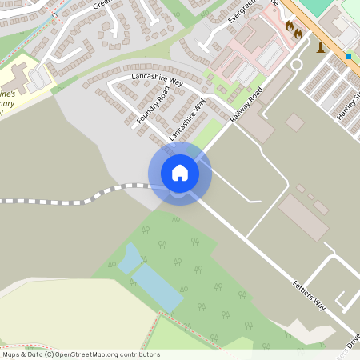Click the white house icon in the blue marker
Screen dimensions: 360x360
click(180, 172)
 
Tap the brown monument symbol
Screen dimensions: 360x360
click(322, 46)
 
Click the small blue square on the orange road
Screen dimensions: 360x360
click(349, 56)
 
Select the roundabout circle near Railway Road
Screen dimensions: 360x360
click(297, 64)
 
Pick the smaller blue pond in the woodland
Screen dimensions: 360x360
click(129, 259)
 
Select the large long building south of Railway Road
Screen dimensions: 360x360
click(303, 218)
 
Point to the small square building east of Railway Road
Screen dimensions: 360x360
click(295, 122)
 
